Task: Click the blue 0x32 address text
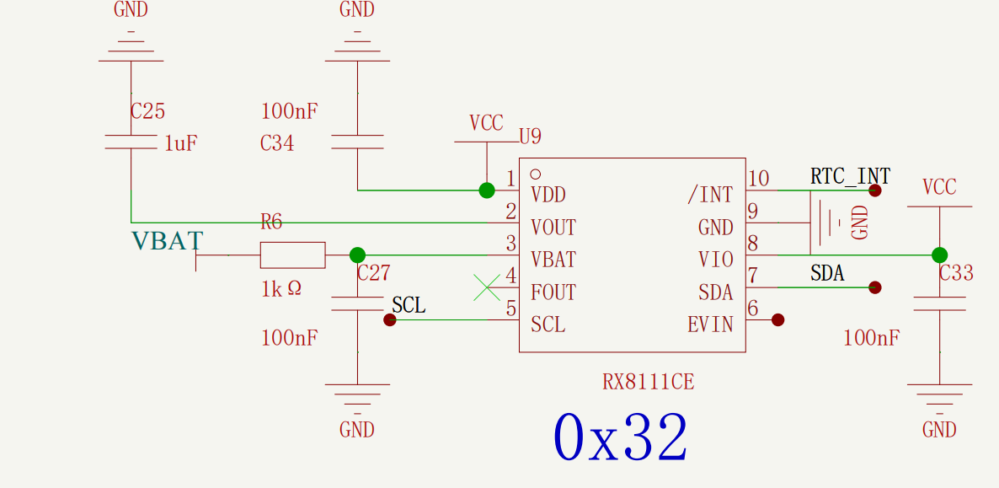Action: point(620,437)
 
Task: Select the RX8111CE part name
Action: point(648,382)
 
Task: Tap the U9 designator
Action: point(530,137)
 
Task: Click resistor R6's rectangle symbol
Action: point(292,255)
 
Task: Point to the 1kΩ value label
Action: point(281,289)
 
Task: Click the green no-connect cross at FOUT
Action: point(487,287)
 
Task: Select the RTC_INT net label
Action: point(850,176)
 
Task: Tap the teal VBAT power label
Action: point(167,241)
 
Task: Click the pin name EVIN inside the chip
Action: point(710,324)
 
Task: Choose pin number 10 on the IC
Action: point(759,179)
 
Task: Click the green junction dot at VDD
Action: point(487,190)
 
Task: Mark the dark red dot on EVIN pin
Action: point(777,319)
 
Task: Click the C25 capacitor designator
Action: point(147,111)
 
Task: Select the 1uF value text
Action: point(181,143)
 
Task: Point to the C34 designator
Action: point(277,143)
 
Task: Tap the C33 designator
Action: point(956,273)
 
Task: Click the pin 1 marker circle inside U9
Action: point(536,174)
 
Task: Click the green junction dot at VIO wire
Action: point(939,255)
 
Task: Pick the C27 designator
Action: point(374,273)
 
